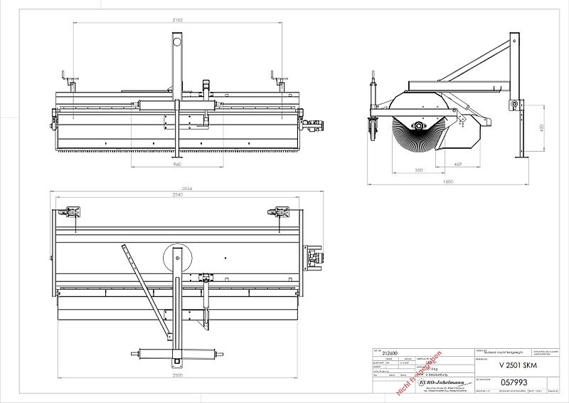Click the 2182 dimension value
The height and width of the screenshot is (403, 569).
(x=178, y=21)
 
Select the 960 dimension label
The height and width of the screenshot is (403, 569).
(x=177, y=164)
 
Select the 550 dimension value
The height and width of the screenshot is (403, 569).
(x=420, y=170)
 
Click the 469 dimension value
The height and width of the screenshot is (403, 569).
(x=459, y=164)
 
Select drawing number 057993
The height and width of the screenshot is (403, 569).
(x=514, y=382)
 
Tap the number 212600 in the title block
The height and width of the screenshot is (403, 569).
(x=390, y=352)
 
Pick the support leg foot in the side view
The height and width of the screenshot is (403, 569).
(x=525, y=158)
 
